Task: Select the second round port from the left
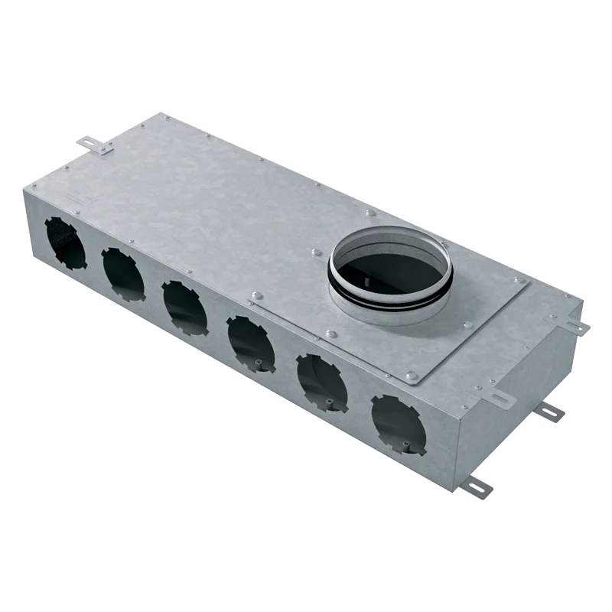[122, 274]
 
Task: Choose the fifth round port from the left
[321, 382]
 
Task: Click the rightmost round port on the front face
[398, 425]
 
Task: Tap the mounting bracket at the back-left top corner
[95, 145]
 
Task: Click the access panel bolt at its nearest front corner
[412, 376]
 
